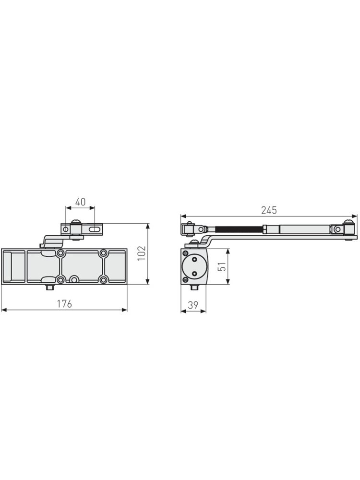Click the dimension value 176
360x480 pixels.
65,304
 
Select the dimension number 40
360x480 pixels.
80,202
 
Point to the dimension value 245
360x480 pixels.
269,210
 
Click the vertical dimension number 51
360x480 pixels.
223,266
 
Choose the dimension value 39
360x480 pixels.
193,305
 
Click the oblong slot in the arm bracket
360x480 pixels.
95,228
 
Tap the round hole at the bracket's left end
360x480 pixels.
65,228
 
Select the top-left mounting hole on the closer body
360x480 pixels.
60,253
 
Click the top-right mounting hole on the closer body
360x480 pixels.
104,253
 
